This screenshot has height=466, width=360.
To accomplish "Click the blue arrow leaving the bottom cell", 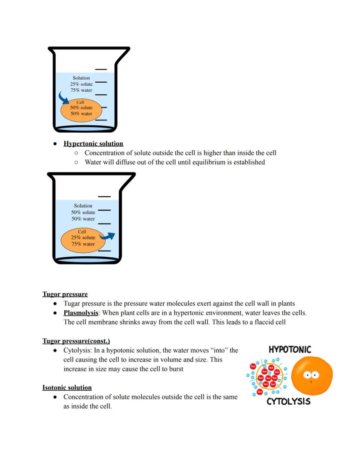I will (107, 236).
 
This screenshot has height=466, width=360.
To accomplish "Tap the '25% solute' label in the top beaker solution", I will (81, 84).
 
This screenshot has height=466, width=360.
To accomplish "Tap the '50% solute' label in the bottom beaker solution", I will (83, 212).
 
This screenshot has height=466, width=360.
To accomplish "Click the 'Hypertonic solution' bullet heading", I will (93, 144).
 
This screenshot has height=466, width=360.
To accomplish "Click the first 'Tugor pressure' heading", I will (65, 294).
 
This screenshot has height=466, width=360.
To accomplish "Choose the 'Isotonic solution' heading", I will (67, 387).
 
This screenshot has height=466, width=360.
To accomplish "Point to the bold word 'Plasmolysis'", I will (81, 313).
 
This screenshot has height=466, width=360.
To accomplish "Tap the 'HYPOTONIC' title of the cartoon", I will (290, 349).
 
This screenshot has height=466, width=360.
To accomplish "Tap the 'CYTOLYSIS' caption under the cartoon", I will (289, 401).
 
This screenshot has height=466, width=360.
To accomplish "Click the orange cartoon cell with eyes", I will (312, 375).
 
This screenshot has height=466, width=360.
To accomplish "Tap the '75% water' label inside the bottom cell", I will (83, 244).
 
